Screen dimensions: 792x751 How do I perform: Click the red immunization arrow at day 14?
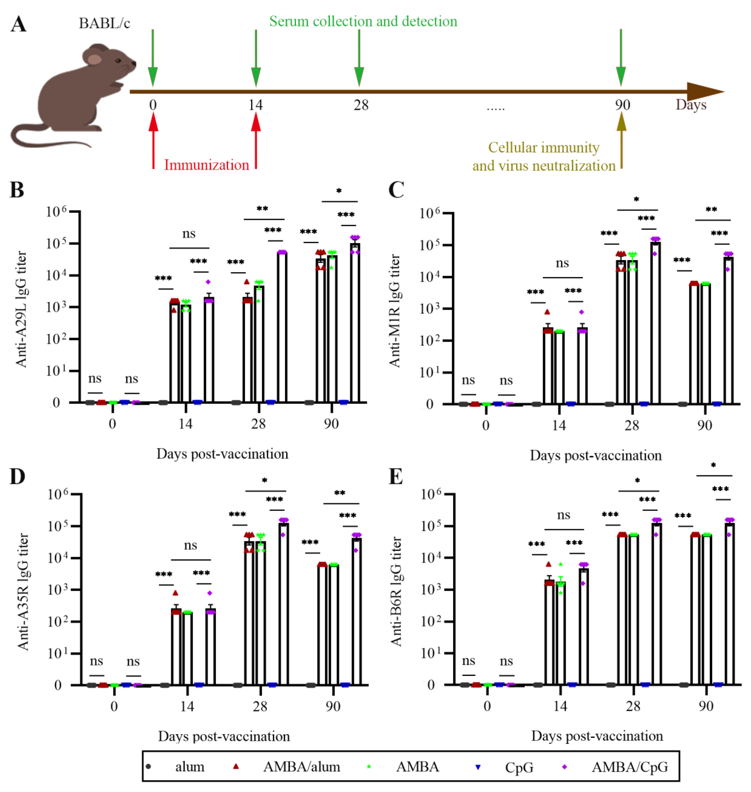point(256,140)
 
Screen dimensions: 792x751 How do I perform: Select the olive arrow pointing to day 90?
point(621,140)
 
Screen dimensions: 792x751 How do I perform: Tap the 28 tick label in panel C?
point(632,425)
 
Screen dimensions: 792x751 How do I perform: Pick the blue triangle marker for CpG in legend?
point(477,767)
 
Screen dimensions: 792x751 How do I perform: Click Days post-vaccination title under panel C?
point(596,455)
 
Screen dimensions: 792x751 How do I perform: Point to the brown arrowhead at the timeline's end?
point(705,92)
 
